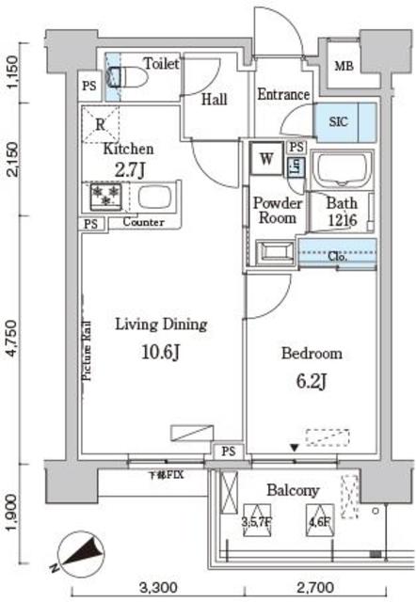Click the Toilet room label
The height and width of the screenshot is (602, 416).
click(x=161, y=64)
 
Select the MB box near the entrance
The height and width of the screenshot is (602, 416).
click(x=344, y=67)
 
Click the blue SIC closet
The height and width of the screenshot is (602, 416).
click(x=344, y=120)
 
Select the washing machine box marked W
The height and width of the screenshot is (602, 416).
click(x=266, y=159)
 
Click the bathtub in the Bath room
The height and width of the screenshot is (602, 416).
click(x=342, y=169)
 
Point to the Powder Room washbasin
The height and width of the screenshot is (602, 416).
click(x=276, y=252)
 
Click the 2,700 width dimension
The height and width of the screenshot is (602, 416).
click(x=314, y=589)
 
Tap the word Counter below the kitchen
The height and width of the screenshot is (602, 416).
click(x=144, y=222)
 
